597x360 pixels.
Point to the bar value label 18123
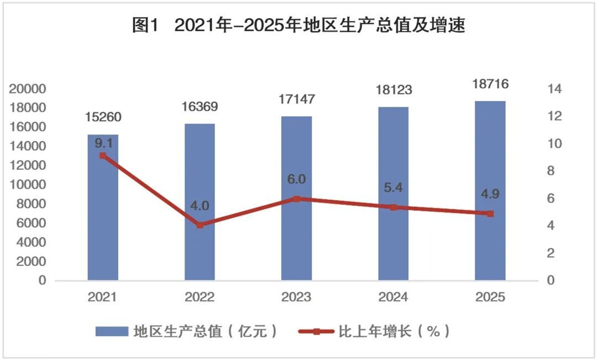pos(393,90)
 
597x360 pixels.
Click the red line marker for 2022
pos(200,225)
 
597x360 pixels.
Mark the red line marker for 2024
pos(393,207)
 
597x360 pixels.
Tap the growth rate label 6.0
pos(296,180)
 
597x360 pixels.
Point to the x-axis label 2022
pos(200,298)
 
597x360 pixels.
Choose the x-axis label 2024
pos(393,298)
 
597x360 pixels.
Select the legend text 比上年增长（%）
pos(393,331)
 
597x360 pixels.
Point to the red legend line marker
pos(317,331)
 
